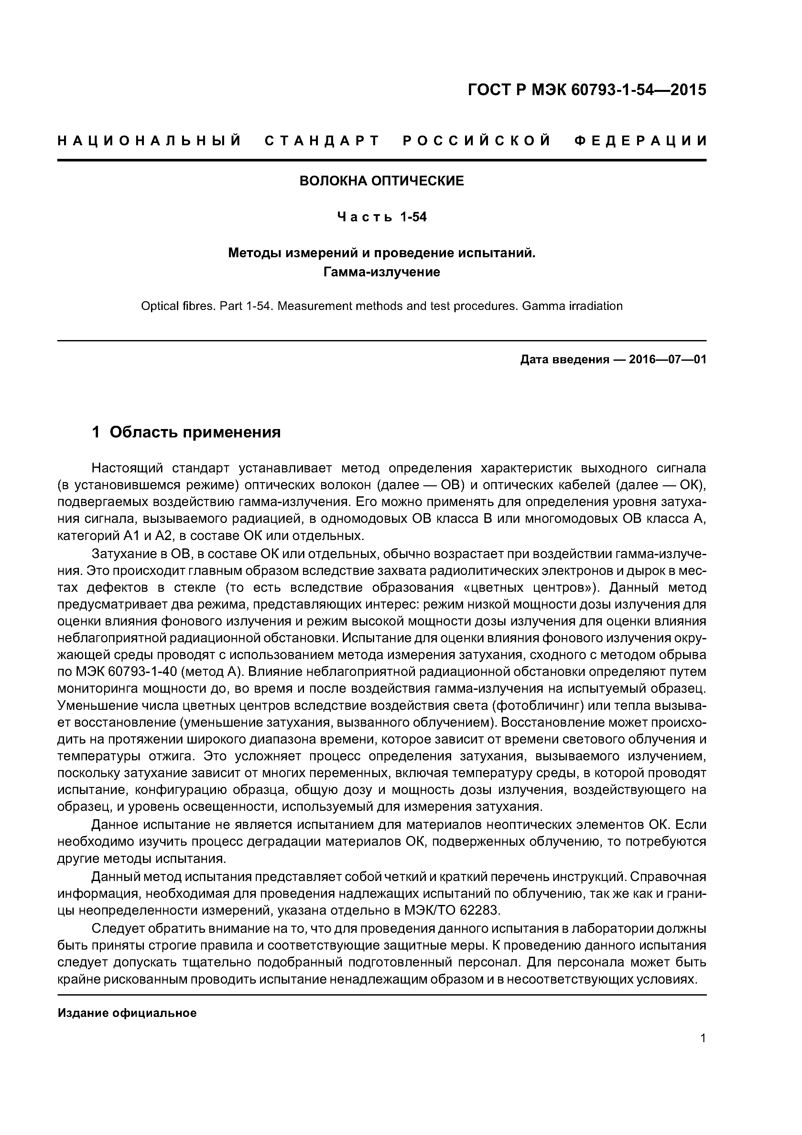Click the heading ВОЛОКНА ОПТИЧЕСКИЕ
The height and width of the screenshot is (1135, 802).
coord(382,182)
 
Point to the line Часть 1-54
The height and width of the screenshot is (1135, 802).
coord(382,217)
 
